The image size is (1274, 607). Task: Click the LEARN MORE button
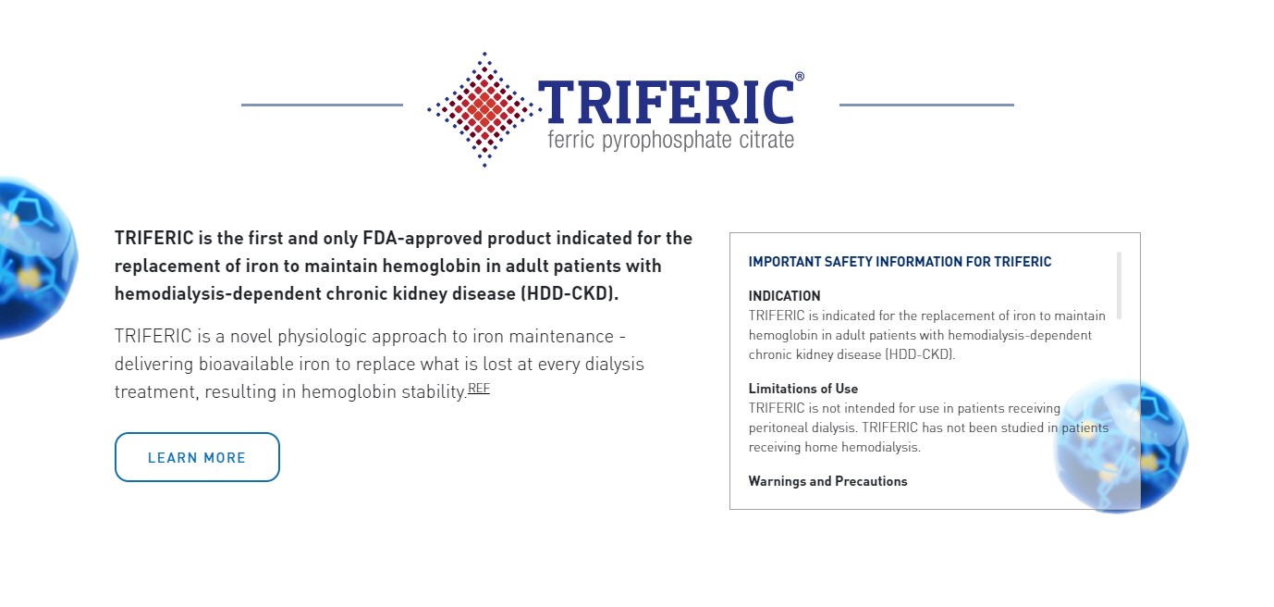[197, 457]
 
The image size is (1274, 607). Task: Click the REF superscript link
[478, 389]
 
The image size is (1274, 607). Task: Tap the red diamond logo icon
[484, 109]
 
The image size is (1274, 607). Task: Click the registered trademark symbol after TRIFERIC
[799, 76]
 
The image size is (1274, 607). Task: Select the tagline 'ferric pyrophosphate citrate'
[670, 140]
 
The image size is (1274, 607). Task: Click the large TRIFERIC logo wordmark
[666, 102]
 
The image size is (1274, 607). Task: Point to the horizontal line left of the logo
[322, 105]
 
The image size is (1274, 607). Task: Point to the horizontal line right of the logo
[926, 105]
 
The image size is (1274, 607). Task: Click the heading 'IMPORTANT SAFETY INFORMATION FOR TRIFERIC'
[900, 262]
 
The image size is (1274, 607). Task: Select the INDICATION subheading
[784, 296]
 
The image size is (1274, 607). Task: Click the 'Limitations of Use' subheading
[803, 389]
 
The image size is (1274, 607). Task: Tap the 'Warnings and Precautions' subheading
[827, 481]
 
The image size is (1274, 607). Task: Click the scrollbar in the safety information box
[1119, 285]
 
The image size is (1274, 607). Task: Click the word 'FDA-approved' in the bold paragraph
[423, 238]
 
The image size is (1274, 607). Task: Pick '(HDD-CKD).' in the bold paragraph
[570, 293]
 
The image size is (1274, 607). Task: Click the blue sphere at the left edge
[35, 258]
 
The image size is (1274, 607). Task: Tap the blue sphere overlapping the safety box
[1120, 446]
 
